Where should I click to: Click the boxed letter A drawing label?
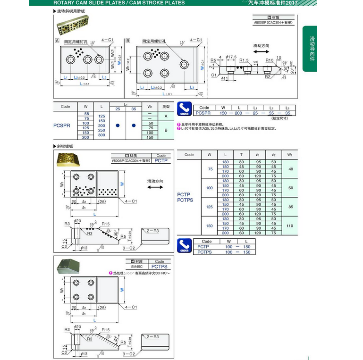[57, 41]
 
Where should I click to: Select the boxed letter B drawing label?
[128, 41]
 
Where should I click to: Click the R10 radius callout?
[270, 60]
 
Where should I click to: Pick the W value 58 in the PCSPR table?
[86, 114]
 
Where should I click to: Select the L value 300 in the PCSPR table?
[101, 135]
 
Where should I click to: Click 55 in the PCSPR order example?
[270, 113]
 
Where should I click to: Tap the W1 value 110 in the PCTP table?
[290, 226]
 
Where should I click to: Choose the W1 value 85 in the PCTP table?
[290, 206]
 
